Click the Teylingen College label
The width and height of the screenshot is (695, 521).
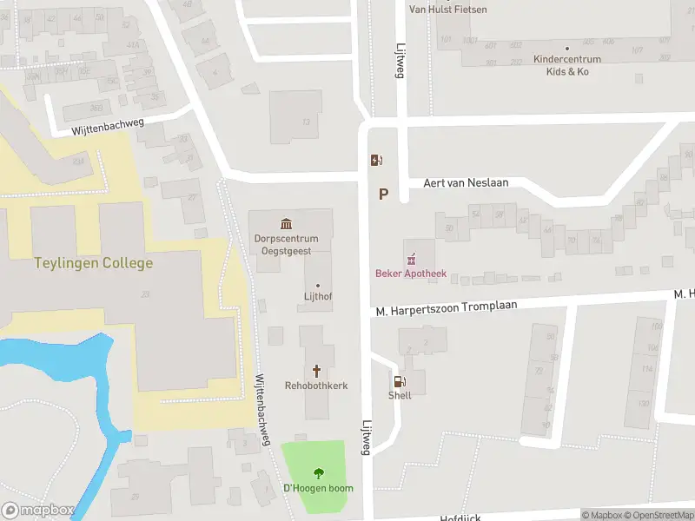click(93, 263)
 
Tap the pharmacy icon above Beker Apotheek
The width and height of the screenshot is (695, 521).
click(411, 258)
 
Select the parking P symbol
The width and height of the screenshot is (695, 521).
click(383, 195)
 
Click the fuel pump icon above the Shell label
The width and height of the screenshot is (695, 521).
click(400, 380)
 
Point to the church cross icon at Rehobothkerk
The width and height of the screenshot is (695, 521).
click(317, 370)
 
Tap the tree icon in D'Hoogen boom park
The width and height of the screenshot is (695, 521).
click(318, 473)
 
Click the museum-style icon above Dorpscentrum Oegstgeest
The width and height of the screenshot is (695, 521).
click(286, 224)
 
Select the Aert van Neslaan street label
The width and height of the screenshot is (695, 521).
click(465, 182)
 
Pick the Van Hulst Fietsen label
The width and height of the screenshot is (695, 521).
click(447, 10)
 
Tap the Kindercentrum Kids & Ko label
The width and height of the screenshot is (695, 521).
click(566, 65)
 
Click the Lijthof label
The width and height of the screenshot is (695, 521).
click(317, 297)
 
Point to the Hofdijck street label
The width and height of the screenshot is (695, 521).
click(460, 516)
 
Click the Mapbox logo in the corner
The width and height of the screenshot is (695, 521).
click(37, 511)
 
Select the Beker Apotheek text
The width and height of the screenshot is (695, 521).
click(411, 274)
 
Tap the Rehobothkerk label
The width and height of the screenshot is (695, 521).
click(317, 385)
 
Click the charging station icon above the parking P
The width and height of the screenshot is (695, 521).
click(376, 160)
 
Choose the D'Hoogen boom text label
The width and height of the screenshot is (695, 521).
click(318, 488)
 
